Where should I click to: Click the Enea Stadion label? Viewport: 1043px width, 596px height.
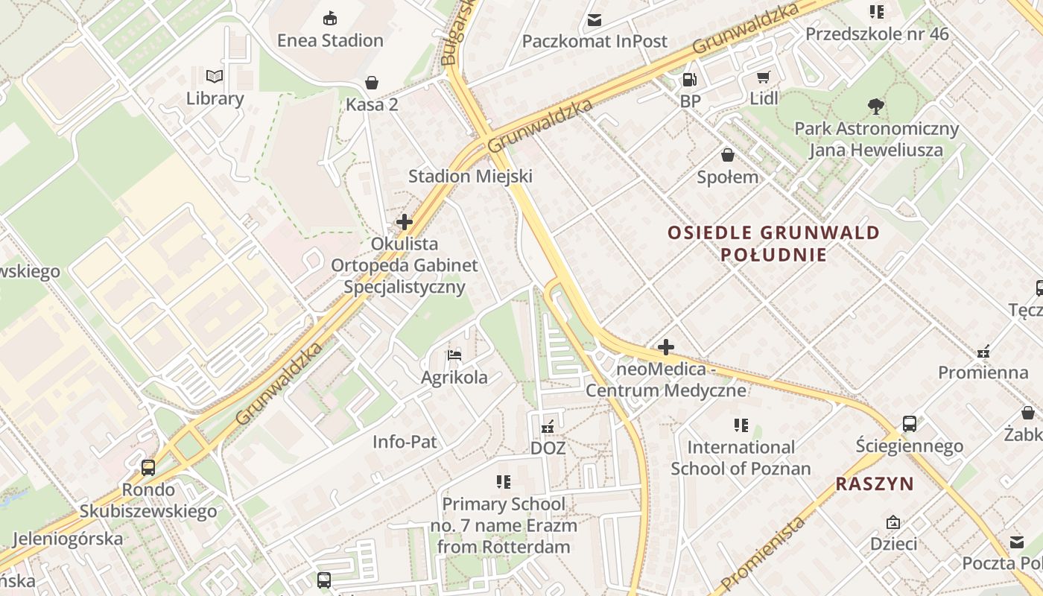[330, 40]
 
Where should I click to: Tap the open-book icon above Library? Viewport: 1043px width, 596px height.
[215, 76]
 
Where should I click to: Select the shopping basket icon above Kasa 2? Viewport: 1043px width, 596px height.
[371, 83]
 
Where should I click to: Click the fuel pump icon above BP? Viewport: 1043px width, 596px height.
[690, 79]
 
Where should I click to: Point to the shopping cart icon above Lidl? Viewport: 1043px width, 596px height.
[764, 77]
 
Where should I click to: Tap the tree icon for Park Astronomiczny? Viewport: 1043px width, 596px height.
[876, 107]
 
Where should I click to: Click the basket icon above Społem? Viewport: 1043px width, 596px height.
[727, 155]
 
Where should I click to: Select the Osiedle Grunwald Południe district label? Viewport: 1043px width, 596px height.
[773, 244]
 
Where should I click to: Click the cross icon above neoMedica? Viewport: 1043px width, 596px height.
[665, 347]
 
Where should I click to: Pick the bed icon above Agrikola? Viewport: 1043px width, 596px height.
[454, 355]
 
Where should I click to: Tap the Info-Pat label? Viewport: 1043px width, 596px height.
[405, 442]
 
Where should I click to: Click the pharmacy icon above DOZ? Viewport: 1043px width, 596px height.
[548, 426]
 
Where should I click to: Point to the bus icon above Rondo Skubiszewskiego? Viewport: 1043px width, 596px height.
[148, 468]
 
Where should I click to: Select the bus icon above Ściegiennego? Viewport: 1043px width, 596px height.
[909, 424]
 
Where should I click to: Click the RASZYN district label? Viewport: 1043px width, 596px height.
[875, 484]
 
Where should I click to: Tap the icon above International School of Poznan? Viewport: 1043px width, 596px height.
[741, 425]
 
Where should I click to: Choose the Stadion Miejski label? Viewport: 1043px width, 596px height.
[470, 177]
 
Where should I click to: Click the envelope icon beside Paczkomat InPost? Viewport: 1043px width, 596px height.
[595, 20]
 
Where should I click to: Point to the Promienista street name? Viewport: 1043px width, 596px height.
[764, 553]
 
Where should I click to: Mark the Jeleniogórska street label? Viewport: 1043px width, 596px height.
[68, 538]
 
